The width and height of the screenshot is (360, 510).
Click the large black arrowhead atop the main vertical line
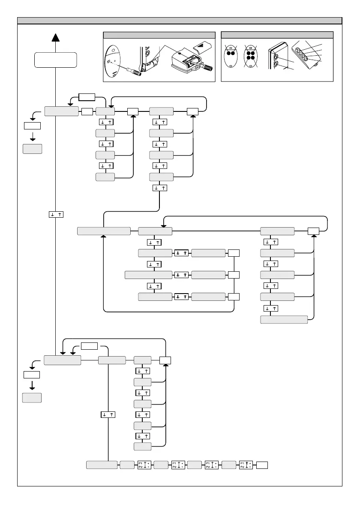pos(55,38)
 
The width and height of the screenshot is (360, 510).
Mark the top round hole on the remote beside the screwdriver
pos(113,50)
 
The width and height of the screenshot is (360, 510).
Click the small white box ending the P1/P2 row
pos(263,465)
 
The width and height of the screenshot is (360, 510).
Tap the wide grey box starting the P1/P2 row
pos(102,465)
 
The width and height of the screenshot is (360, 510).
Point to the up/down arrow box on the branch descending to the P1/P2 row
pos(108,414)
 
